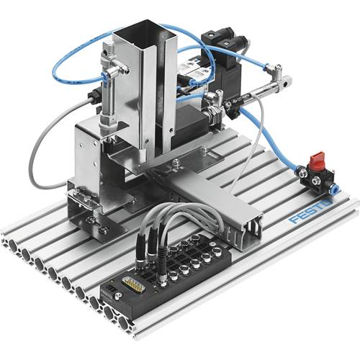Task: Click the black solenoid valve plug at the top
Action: tap(220, 37)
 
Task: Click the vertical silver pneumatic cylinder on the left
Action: tap(110, 79)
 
